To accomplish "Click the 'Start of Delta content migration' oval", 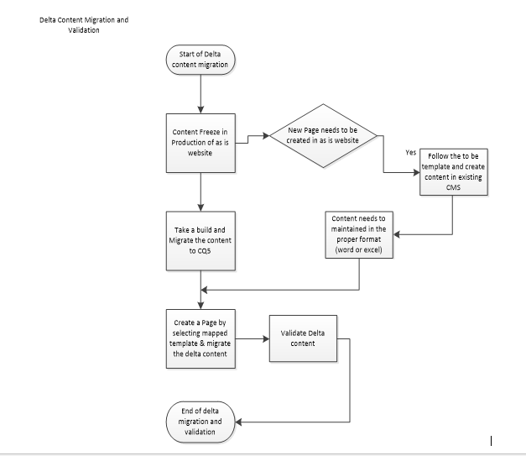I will (201, 60).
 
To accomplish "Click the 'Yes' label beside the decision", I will (410, 153).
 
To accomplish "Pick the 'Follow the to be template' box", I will (452, 171).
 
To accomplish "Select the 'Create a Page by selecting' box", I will (201, 338).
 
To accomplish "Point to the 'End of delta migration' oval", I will (201, 420).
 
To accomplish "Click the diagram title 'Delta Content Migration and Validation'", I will (84, 24).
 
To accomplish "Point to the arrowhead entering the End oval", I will (241, 420).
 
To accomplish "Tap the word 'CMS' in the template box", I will (452, 188).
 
